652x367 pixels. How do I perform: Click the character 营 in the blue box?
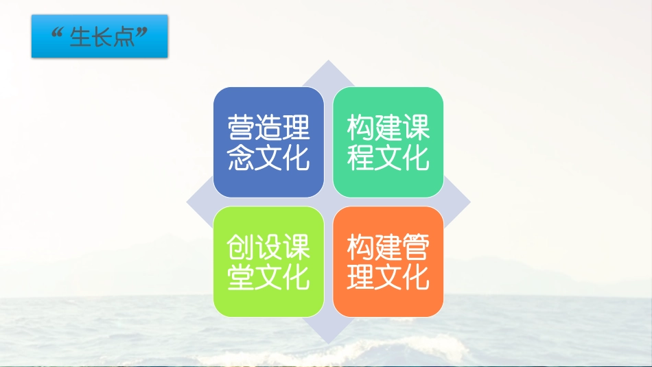241,128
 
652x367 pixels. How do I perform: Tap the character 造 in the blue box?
268,128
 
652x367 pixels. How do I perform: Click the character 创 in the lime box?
241,247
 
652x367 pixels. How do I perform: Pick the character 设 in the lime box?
268,247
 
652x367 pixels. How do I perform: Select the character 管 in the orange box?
416,247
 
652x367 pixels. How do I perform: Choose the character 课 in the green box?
416,128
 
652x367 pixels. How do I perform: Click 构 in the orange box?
360,247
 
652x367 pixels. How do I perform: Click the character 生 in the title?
81,36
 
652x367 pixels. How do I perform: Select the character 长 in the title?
104,36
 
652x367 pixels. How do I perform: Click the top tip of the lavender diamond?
328,61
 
